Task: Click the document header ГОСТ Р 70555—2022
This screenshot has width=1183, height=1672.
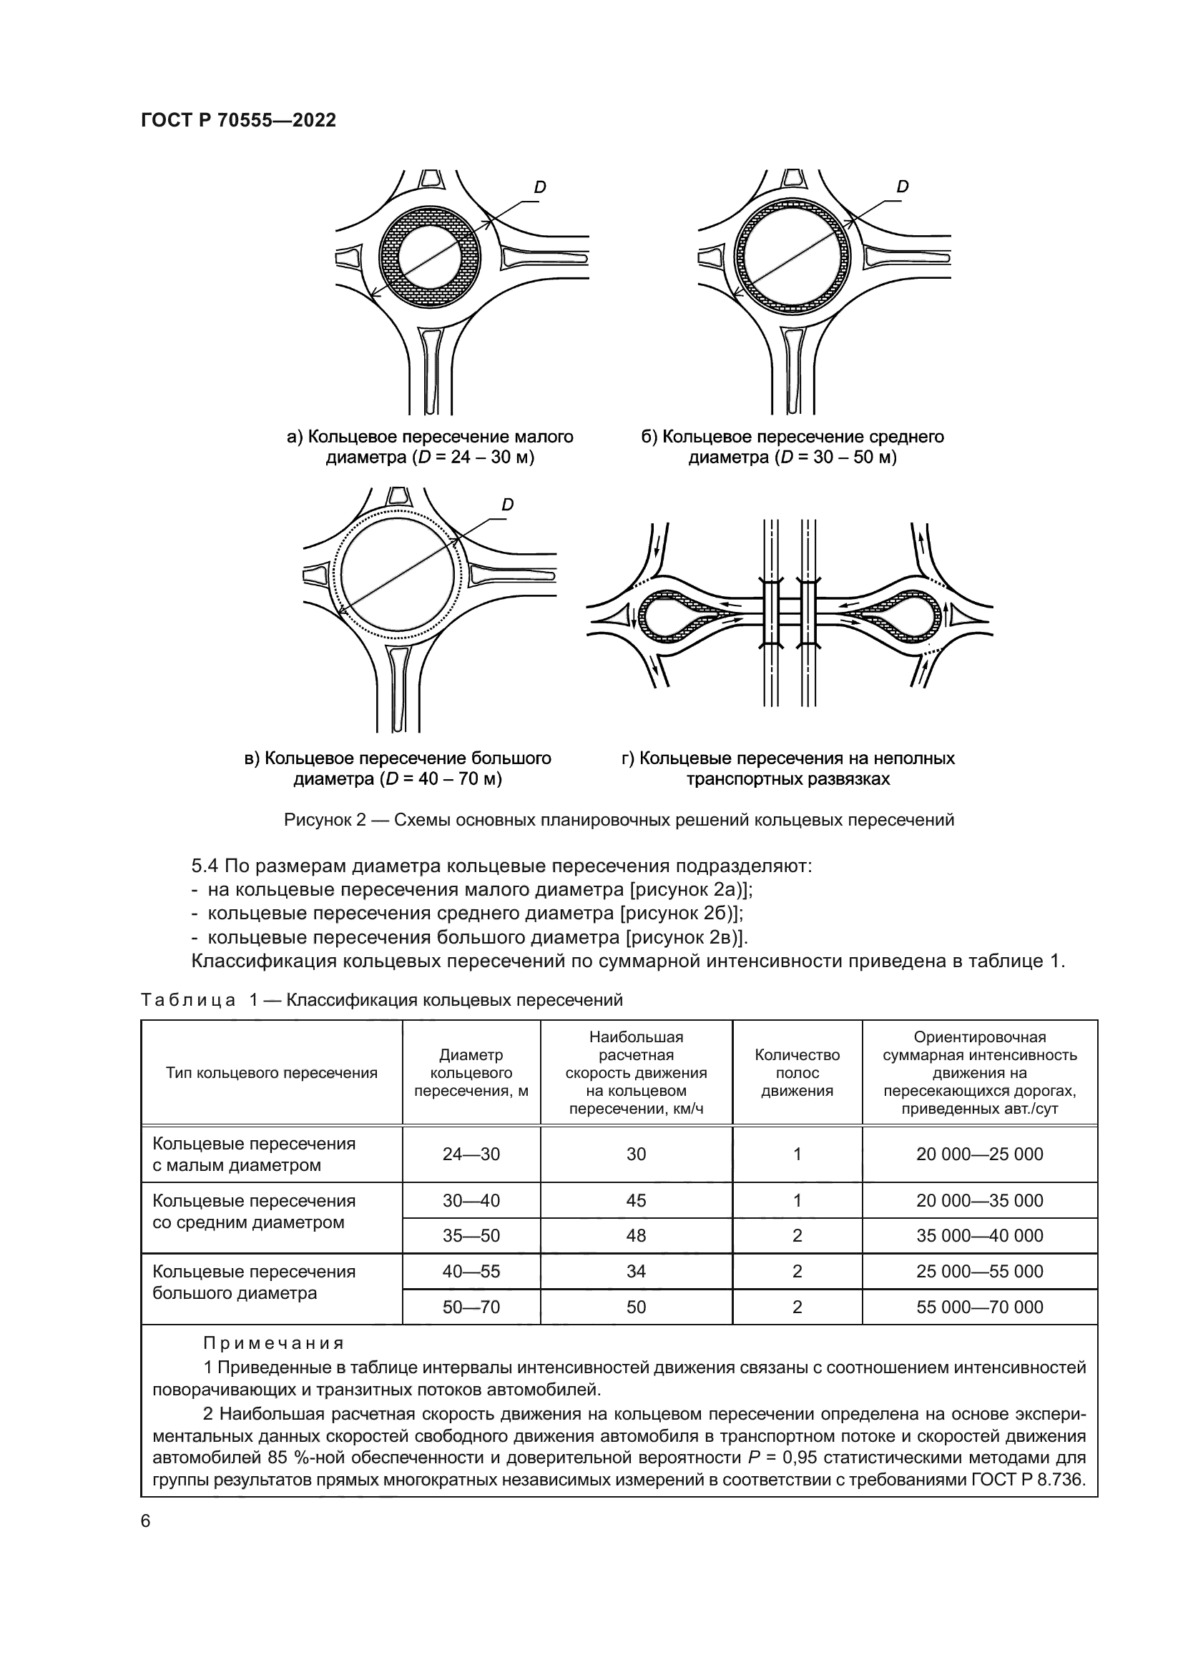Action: tap(238, 121)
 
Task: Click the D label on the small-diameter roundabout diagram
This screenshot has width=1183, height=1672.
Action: tap(540, 188)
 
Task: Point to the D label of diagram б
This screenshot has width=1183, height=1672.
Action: tap(903, 187)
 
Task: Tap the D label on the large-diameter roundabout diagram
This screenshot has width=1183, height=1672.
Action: tap(508, 505)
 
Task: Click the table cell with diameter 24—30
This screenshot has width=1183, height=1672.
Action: tap(471, 1154)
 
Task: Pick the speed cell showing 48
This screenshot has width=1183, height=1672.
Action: tap(636, 1236)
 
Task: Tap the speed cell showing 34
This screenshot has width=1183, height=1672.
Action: tap(636, 1272)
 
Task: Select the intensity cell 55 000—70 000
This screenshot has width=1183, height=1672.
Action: tap(979, 1307)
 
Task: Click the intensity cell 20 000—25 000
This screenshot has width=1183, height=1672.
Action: tap(979, 1154)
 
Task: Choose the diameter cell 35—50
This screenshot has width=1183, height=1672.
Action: tap(471, 1236)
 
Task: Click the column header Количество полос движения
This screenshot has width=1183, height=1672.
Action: tap(797, 1073)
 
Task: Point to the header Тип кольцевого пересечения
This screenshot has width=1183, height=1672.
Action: tap(272, 1073)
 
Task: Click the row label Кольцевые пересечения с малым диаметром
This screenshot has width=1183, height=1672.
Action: tap(253, 1154)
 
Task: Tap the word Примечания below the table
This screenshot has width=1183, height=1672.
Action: tap(273, 1344)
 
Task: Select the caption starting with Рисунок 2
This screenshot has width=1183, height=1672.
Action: tap(619, 821)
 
